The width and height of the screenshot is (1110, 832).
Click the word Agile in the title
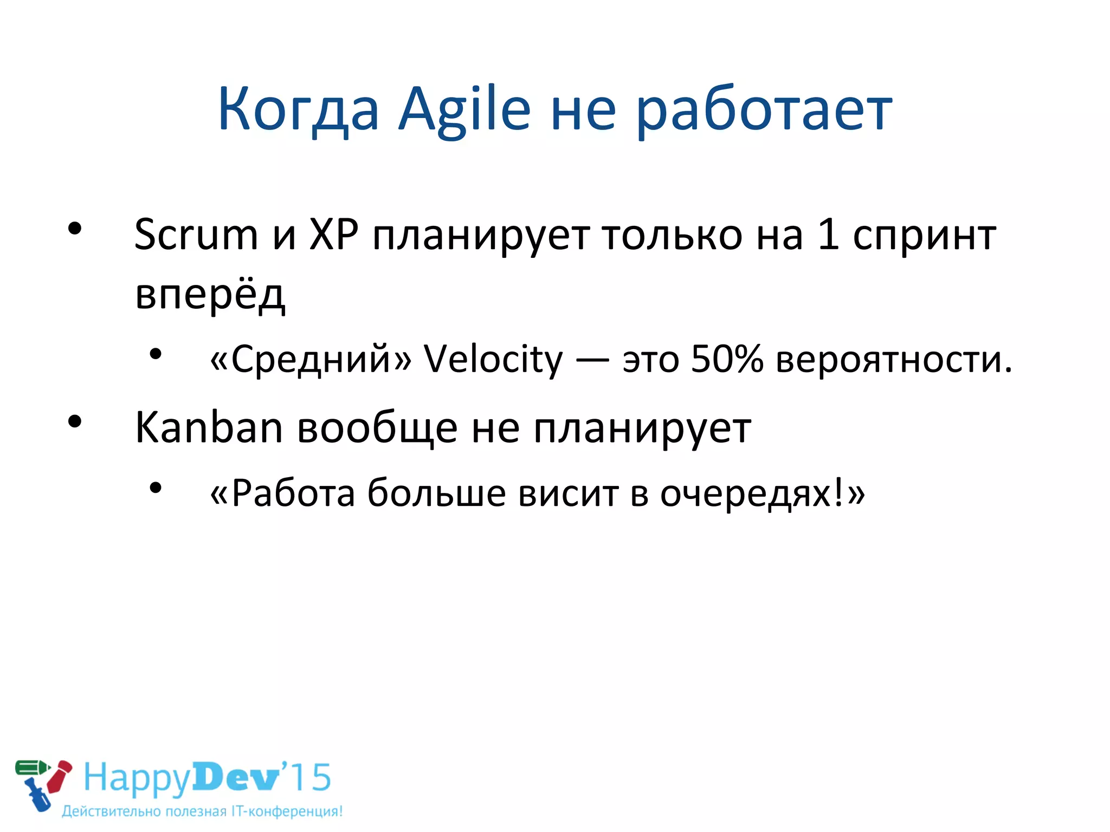coord(464,110)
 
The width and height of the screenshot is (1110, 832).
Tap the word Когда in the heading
coord(298,110)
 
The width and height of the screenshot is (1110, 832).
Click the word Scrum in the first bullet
coord(196,235)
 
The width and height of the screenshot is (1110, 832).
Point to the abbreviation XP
coord(334,235)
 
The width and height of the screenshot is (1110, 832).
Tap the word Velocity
coord(493,360)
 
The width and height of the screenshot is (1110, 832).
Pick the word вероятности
coord(894,360)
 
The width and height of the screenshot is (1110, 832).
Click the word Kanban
coord(209,427)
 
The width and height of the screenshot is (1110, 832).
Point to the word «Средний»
coord(311,360)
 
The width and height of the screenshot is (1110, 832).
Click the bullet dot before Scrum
coord(75,229)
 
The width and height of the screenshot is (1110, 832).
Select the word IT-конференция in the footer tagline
coord(287,811)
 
